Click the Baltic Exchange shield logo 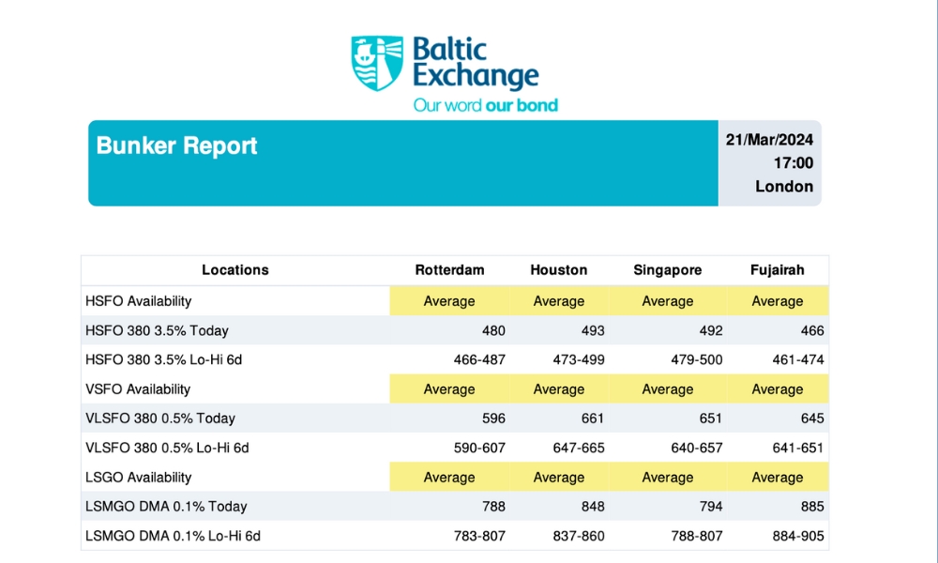[x=377, y=63]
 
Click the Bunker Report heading [x=176, y=146]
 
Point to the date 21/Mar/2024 [x=769, y=140]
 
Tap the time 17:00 [x=794, y=163]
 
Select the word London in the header [x=784, y=187]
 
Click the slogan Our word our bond [x=486, y=105]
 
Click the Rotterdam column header [x=449, y=270]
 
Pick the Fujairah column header [x=777, y=270]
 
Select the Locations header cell [x=234, y=270]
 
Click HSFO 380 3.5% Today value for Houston [x=593, y=330]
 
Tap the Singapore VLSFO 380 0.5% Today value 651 [x=710, y=418]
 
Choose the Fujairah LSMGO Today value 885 [x=812, y=507]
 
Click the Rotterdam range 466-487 [x=480, y=360]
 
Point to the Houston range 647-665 [x=579, y=449]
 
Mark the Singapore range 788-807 [x=697, y=537]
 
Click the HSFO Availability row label [x=138, y=301]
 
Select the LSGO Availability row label [x=138, y=478]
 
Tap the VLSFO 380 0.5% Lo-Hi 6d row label [x=166, y=449]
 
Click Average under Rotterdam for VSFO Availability [x=449, y=389]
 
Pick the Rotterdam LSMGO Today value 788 [x=493, y=507]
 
